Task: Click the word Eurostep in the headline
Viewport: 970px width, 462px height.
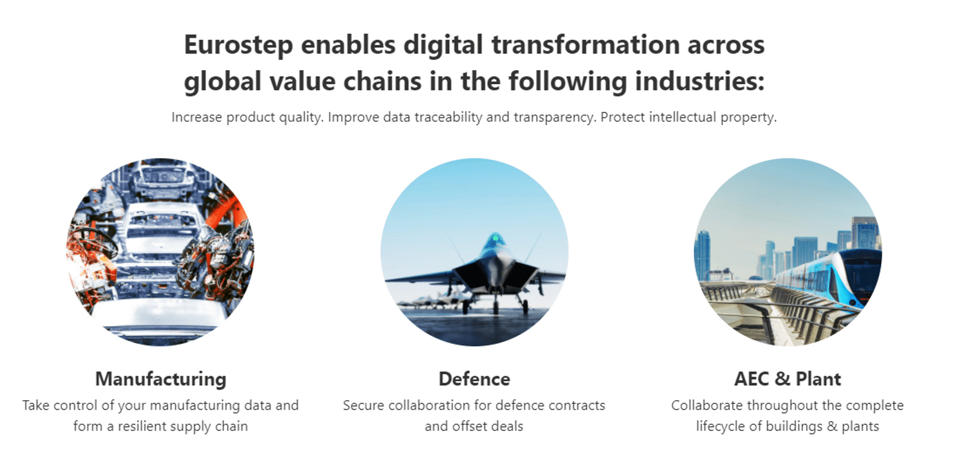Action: (238, 46)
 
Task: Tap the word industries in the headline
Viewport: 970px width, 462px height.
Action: (696, 81)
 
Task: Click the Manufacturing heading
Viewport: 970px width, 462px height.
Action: (160, 379)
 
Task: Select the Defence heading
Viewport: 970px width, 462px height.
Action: (474, 379)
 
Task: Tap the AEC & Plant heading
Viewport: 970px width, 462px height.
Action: (787, 379)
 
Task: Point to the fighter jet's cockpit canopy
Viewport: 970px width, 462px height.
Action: (495, 240)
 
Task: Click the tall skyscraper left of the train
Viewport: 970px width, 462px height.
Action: (702, 255)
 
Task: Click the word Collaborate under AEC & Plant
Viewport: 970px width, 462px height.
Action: (707, 406)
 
